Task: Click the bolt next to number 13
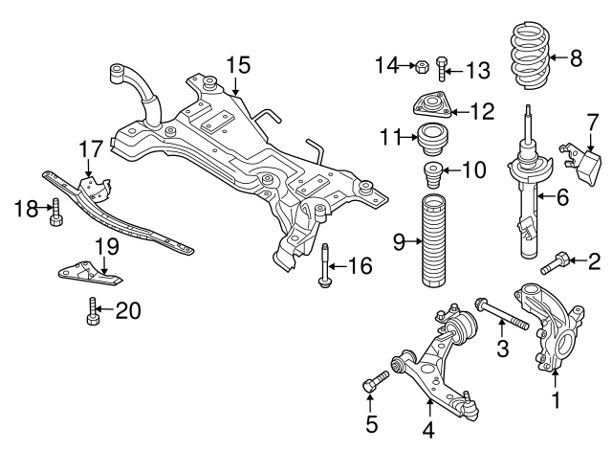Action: coord(441,69)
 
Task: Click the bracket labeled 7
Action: coord(584,160)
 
